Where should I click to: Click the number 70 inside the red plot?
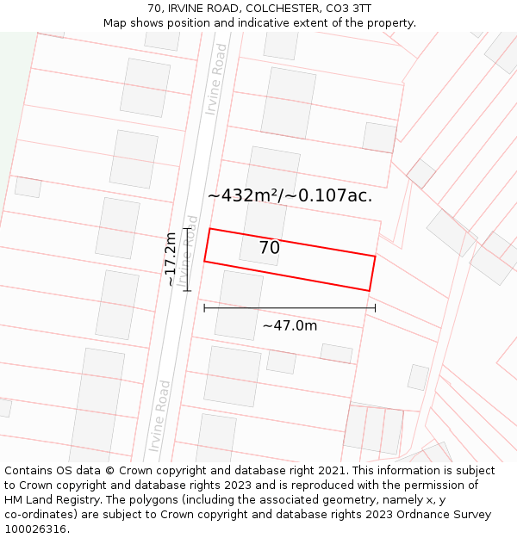[x=270, y=248]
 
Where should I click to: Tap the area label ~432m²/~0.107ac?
[x=290, y=195]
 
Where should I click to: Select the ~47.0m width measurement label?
[x=290, y=325]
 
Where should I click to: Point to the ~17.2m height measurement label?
[x=171, y=259]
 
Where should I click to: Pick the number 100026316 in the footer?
[x=35, y=529]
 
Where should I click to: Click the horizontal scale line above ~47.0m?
[x=290, y=308]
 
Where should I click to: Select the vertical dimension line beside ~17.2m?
[x=186, y=259]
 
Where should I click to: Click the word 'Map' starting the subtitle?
[x=115, y=22]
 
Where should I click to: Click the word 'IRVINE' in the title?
[x=190, y=8]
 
